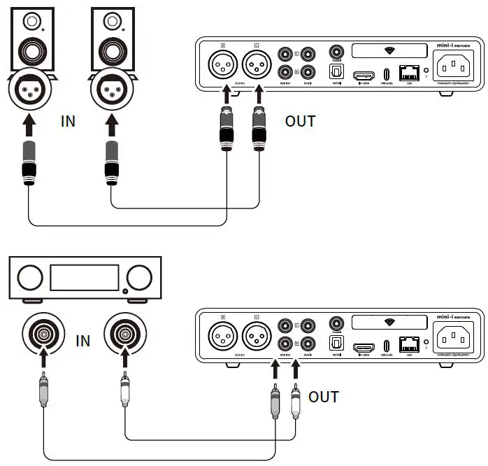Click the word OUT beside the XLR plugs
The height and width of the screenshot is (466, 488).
(x=300, y=121)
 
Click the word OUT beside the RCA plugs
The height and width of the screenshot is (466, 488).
(x=323, y=397)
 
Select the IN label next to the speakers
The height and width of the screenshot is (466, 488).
(x=68, y=121)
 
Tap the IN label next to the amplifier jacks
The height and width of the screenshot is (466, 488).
(x=82, y=341)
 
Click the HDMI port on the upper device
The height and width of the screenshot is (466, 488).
(x=363, y=74)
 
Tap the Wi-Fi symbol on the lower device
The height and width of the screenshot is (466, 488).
(x=389, y=322)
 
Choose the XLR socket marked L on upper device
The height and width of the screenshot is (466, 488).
(x=257, y=69)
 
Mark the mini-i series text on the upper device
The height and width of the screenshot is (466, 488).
(x=454, y=43)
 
